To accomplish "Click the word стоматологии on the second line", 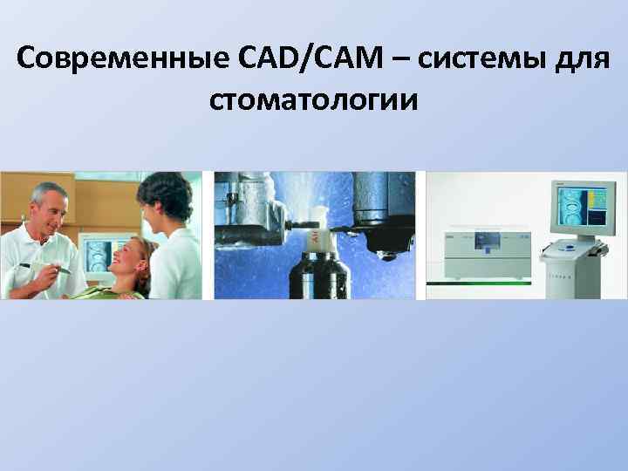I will click(314, 99).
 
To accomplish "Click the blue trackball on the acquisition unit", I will click(570, 248).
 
